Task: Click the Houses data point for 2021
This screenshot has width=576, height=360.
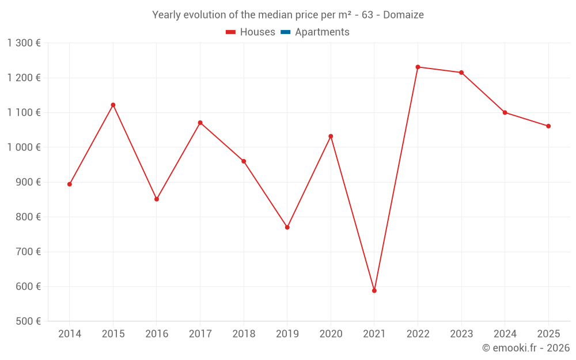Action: pyautogui.click(x=374, y=291)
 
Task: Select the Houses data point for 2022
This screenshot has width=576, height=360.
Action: pyautogui.click(x=418, y=67)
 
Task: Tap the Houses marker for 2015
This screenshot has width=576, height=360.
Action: pyautogui.click(x=113, y=105)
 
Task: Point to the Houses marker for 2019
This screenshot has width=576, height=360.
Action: pyautogui.click(x=287, y=228)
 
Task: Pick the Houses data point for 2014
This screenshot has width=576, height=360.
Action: pyautogui.click(x=70, y=184)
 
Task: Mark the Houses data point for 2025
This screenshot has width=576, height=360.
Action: pyautogui.click(x=548, y=126)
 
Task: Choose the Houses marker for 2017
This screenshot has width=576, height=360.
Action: pyautogui.click(x=200, y=123)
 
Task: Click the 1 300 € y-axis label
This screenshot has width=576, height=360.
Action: pyautogui.click(x=24, y=43)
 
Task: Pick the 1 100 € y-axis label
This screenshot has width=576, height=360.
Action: pyautogui.click(x=24, y=113)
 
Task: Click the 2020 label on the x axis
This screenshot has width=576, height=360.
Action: pyautogui.click(x=331, y=334)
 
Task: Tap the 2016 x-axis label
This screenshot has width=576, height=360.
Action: pyautogui.click(x=157, y=334)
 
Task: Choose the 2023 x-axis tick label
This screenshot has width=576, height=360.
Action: pyautogui.click(x=461, y=334)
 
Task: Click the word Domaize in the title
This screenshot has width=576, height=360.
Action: pyautogui.click(x=403, y=15)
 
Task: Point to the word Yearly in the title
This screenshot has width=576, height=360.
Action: pyautogui.click(x=166, y=15)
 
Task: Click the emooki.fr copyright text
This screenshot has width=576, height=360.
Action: pyautogui.click(x=526, y=348)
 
